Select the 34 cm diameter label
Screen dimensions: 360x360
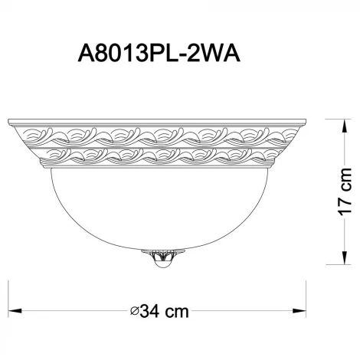(160, 313)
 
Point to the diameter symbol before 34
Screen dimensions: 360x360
(134, 313)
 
